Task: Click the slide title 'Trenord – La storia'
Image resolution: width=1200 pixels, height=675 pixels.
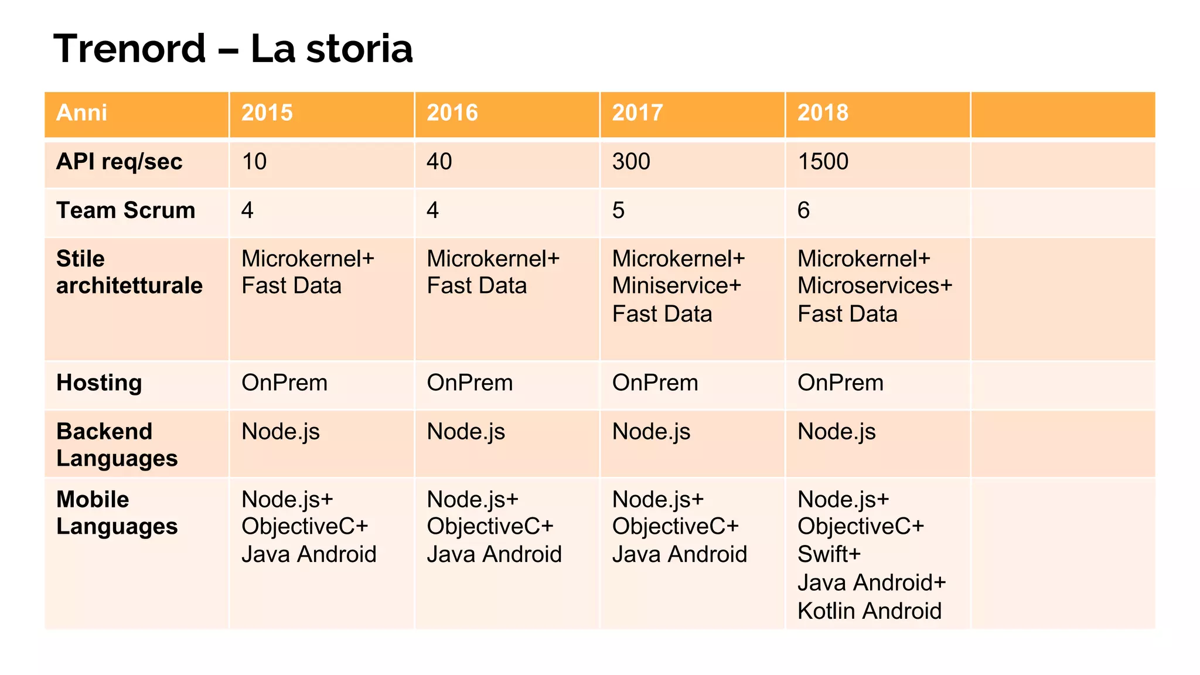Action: point(233,48)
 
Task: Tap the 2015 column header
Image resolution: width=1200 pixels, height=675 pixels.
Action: point(267,112)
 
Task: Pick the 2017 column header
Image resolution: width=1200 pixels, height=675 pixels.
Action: point(637,112)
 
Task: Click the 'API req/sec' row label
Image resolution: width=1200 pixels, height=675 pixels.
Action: point(120,162)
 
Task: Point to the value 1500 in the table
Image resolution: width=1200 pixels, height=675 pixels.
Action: point(823,162)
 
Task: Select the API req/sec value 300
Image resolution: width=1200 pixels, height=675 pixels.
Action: point(631,162)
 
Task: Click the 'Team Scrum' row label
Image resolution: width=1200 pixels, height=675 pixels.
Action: point(126,210)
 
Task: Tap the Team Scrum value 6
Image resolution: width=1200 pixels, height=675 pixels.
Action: point(804,210)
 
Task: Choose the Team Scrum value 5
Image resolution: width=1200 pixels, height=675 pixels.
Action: point(619,210)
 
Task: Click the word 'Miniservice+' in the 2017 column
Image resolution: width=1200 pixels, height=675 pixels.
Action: point(677,286)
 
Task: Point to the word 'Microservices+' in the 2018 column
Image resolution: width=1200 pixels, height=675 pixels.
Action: point(875,286)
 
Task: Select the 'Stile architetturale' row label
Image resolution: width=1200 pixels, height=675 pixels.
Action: point(129,272)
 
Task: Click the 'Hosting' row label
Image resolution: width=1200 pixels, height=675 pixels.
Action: point(99,383)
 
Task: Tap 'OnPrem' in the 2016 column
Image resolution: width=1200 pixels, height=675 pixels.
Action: point(470,383)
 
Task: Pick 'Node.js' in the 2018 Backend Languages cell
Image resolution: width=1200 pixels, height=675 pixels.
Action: point(837,432)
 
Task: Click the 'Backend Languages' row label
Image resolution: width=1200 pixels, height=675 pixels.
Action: point(117,445)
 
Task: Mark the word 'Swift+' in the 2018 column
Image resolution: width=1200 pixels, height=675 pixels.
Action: point(829,554)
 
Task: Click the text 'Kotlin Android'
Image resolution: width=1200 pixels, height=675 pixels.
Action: point(870,611)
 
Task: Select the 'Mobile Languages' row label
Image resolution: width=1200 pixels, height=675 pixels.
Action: point(117,513)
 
